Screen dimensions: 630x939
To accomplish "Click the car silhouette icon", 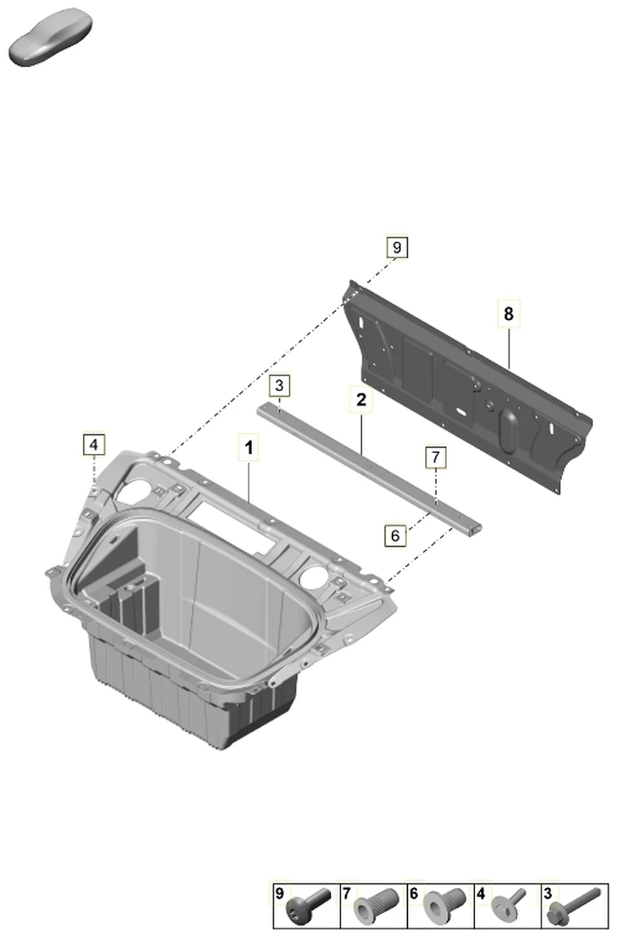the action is point(50,37).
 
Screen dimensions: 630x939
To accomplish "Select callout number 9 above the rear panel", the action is point(397,247).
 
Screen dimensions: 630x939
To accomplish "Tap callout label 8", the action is point(509,313).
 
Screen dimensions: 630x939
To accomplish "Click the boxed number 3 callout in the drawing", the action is point(279,385).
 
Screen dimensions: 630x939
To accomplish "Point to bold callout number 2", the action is point(361,400).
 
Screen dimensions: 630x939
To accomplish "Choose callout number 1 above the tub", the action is point(249,448).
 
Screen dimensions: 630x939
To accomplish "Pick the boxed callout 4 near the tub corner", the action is point(94,444).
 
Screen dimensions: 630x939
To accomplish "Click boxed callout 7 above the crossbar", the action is point(436,457).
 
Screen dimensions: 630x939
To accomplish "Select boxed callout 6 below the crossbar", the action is point(395,535).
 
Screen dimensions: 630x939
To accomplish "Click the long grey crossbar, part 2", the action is point(369,469).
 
